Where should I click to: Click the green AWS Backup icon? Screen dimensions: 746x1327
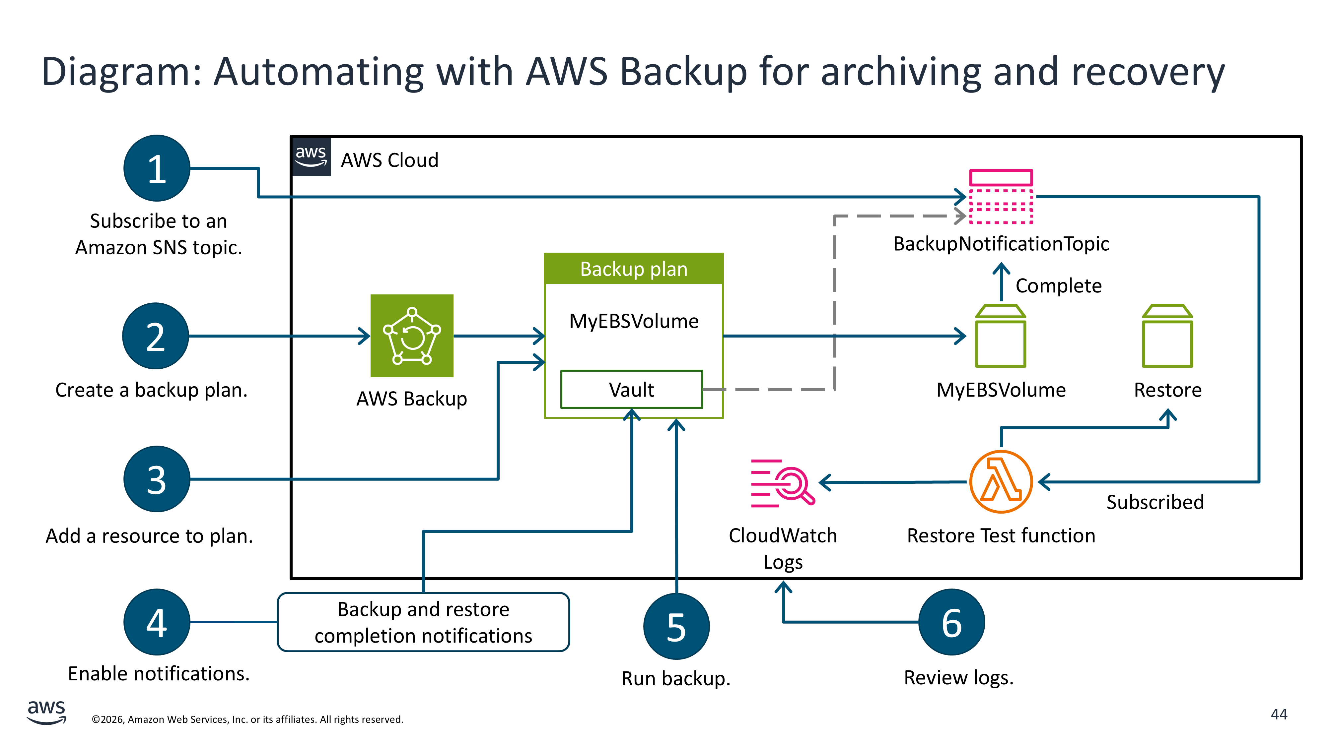(412, 336)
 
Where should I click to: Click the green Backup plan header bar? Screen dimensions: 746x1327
(634, 269)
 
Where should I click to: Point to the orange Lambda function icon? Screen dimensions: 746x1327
(1001, 482)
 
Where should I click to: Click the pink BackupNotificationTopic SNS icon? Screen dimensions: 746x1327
(1001, 197)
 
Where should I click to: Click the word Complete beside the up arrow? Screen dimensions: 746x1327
(1058, 286)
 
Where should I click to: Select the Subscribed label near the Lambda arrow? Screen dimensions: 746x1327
(1154, 502)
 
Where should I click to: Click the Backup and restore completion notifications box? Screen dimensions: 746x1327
(423, 622)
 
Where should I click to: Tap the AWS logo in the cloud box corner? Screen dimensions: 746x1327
(311, 156)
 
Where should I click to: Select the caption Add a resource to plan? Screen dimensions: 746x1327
(149, 536)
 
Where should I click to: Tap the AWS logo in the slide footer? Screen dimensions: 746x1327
(46, 712)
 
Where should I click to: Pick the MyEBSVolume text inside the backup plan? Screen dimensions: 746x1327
(634, 321)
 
